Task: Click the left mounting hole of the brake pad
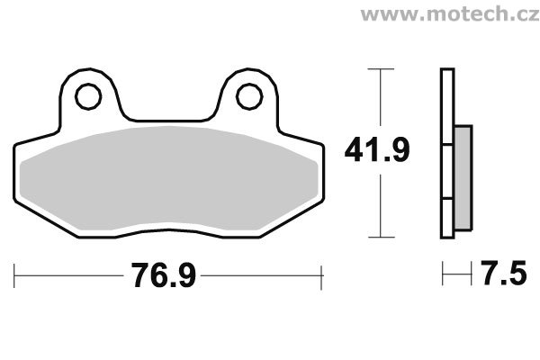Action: pyautogui.click(x=88, y=96)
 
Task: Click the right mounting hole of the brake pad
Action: pyautogui.click(x=249, y=96)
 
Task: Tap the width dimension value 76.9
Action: pyautogui.click(x=163, y=275)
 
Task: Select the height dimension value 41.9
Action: pyautogui.click(x=377, y=150)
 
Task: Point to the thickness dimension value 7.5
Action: pyautogui.click(x=503, y=274)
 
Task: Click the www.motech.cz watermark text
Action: pyautogui.click(x=450, y=13)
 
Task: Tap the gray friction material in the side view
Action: pyautogui.click(x=463, y=178)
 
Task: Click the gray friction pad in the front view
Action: pyautogui.click(x=169, y=179)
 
